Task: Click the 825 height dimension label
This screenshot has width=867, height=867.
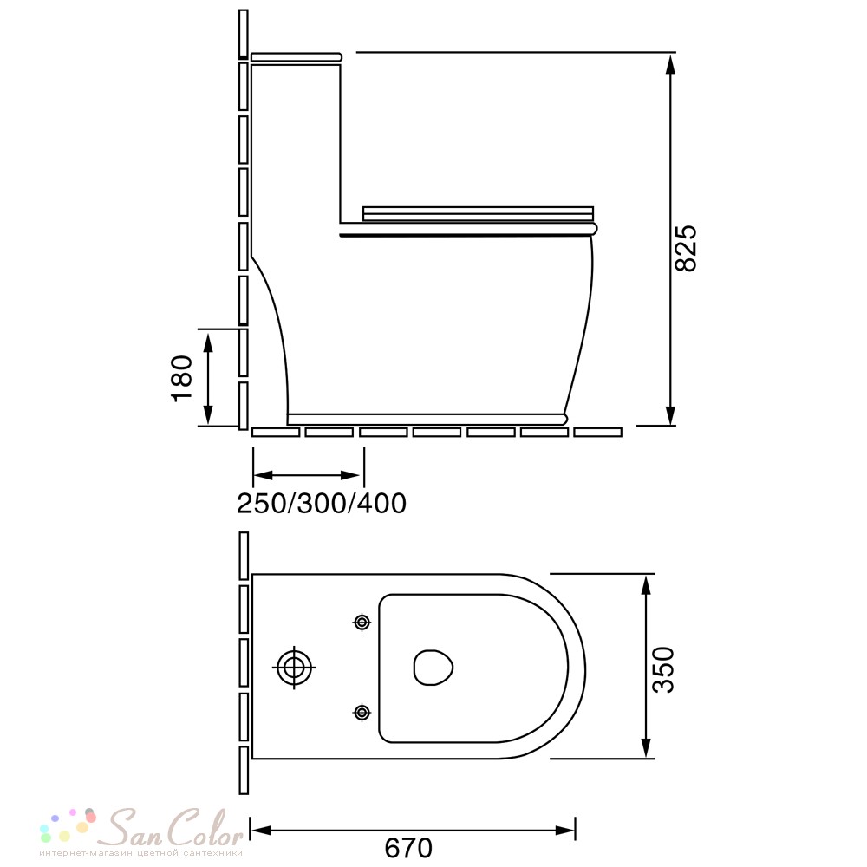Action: click(x=686, y=248)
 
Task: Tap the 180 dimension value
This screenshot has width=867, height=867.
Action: click(x=182, y=378)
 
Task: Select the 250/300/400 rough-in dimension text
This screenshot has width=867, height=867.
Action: click(x=322, y=503)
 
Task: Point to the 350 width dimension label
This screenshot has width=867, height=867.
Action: click(x=663, y=669)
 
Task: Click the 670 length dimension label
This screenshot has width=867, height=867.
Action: click(x=408, y=848)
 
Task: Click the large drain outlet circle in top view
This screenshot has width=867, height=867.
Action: click(x=294, y=668)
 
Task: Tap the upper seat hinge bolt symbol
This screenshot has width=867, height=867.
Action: click(x=362, y=623)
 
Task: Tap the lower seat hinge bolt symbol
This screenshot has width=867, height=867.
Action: click(x=362, y=713)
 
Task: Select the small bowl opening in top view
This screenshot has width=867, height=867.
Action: click(x=433, y=668)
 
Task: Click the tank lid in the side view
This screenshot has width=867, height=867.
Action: click(x=297, y=56)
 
